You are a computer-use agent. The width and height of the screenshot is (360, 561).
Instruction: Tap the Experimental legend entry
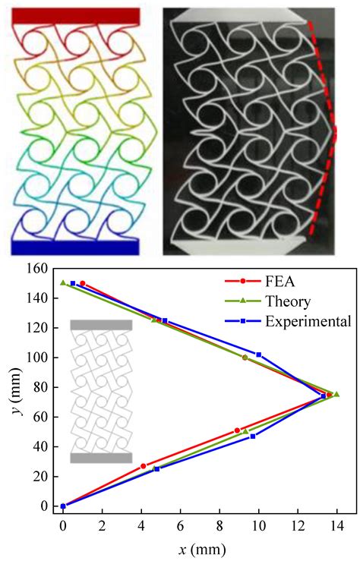308,321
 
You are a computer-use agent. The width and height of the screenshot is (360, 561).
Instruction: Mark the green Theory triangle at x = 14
336,394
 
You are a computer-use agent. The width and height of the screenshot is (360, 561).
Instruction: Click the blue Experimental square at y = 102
259,355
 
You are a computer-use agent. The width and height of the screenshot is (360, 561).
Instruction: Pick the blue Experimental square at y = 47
253,436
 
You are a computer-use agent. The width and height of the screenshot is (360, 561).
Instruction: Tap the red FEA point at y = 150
83,283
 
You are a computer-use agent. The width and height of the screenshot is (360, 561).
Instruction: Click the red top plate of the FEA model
76,16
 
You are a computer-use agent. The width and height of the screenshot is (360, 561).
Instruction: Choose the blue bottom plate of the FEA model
74,247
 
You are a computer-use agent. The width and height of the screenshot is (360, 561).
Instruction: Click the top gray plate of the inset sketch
101,325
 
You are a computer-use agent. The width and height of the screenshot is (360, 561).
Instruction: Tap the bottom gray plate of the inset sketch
101,458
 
